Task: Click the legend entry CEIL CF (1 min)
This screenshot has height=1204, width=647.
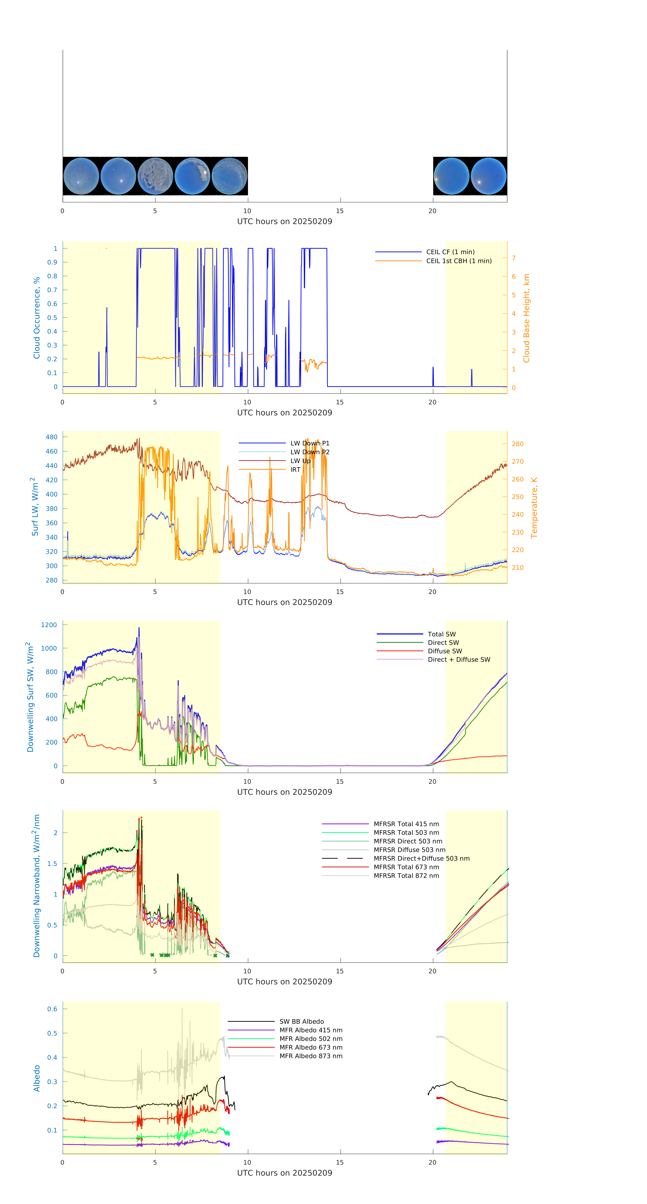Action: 450,252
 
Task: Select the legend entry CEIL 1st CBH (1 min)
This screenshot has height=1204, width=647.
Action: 458,261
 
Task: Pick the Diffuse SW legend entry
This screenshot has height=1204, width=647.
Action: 444,651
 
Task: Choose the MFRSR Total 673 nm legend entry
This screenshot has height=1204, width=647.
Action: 406,867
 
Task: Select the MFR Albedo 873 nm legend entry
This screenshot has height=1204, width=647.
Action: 311,1056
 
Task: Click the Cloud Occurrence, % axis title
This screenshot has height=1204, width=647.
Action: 37,318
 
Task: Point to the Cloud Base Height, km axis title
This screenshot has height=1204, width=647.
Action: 526,318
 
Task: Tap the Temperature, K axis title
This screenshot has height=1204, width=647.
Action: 534,508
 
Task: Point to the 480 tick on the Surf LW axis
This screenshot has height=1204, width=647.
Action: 51,437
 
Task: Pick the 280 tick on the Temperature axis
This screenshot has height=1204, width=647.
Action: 517,444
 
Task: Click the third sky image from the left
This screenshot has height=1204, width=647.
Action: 155,176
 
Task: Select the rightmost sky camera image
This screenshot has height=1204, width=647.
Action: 488,176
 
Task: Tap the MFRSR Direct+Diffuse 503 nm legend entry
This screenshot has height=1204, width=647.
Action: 421,859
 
